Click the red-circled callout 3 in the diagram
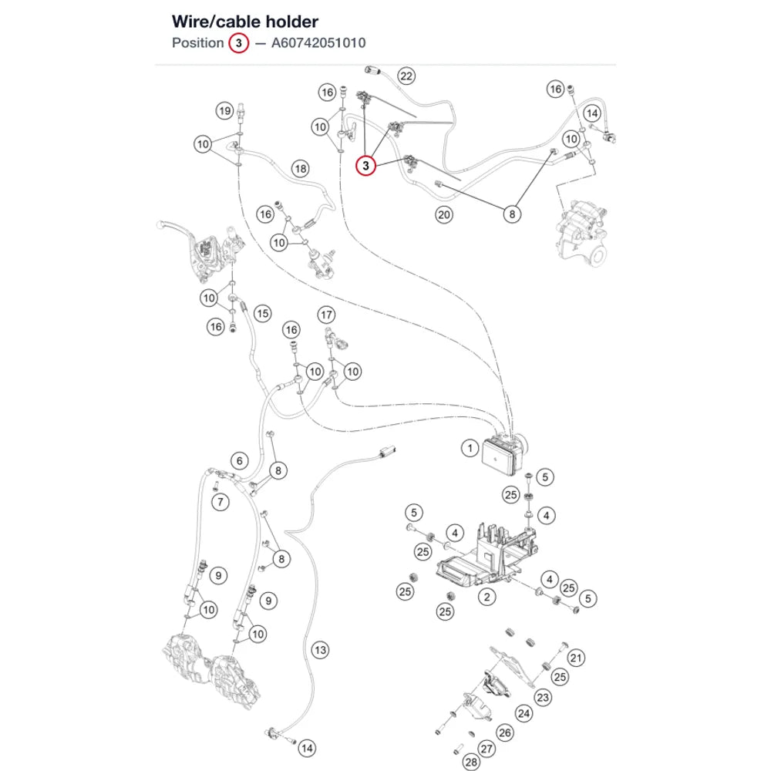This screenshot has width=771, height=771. coord(365,166)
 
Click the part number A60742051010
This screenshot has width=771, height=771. coord(318,43)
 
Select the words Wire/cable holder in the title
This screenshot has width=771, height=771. coord(245,22)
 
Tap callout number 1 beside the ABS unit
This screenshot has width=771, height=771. coord(470,448)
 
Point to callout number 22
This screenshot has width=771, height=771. coord(406,76)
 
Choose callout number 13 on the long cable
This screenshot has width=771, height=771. coord(320,650)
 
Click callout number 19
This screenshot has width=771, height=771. coord(224,110)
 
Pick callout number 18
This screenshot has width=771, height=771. coord(301,169)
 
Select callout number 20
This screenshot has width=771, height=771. coord(443,214)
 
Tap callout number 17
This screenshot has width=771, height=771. coord(326,315)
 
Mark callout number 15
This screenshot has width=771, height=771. coord(263,313)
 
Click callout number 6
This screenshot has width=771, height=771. coord(240,461)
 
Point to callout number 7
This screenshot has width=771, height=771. coord(221,502)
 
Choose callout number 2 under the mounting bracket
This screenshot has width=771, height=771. coord(487,597)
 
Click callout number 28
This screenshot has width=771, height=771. coord(471,763)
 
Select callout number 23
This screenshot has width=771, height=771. coord(543,697)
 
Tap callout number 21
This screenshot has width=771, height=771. coord(576,658)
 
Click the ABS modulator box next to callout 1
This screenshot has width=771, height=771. coord(504,453)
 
